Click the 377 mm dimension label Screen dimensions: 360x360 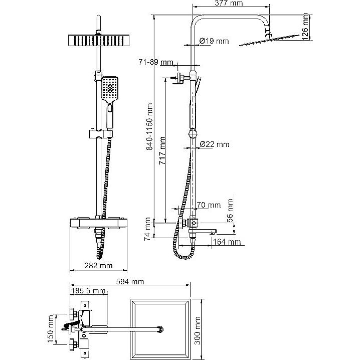(x=229, y=3)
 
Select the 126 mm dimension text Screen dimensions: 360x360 (x=305, y=27)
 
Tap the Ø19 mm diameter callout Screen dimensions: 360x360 (x=214, y=41)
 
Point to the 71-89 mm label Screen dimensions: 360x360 (x=155, y=62)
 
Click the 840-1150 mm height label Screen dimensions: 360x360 (x=149, y=126)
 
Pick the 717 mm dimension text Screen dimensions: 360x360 (x=162, y=150)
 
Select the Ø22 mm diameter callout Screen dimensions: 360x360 (x=215, y=144)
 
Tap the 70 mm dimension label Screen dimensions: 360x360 (x=209, y=205)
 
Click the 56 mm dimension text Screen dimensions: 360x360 (x=230, y=210)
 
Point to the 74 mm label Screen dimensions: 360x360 (x=147, y=229)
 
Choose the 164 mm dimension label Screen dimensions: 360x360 (x=227, y=242)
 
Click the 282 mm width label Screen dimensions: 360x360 (x=98, y=266)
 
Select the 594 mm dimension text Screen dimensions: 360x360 (x=130, y=281)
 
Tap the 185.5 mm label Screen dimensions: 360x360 (x=88, y=291)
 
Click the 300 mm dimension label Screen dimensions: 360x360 (x=198, y=330)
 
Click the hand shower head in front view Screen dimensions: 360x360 (x=110, y=89)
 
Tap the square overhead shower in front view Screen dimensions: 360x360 (x=99, y=41)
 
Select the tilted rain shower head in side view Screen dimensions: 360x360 (x=269, y=40)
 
